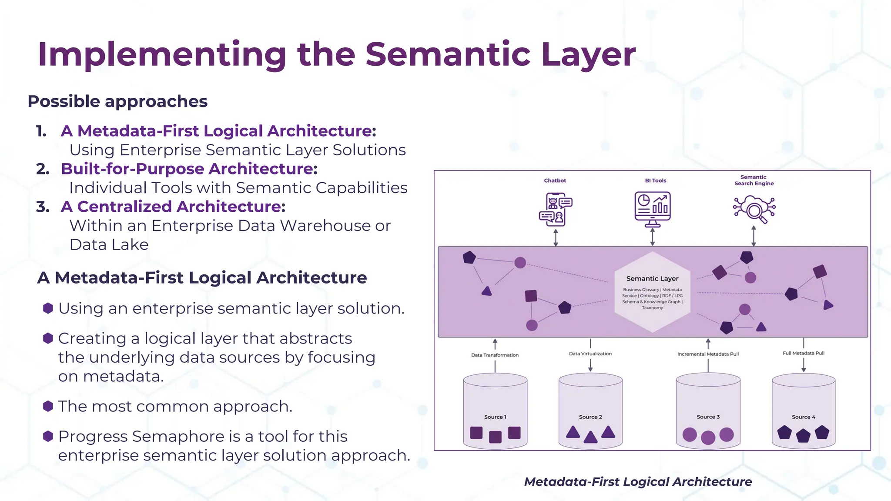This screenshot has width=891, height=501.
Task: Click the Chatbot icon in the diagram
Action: point(555,210)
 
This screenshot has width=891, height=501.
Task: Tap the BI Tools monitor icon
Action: point(652,209)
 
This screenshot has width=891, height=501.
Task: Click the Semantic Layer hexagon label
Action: point(652,279)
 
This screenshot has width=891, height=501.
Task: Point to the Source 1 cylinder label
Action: point(495,417)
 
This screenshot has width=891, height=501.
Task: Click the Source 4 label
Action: point(803,417)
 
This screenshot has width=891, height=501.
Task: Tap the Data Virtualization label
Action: point(590,354)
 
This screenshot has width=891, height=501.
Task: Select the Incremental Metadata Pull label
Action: point(708,354)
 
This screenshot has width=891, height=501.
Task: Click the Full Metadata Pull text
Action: point(803,353)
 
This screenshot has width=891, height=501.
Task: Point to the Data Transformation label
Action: point(495,355)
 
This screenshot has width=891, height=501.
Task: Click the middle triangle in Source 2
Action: point(590,437)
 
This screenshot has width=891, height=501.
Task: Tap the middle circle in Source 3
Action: point(708,437)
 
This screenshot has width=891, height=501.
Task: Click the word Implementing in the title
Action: point(161,55)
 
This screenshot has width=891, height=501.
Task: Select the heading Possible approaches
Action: point(117,101)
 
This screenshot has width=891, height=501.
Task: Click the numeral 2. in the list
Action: point(43,169)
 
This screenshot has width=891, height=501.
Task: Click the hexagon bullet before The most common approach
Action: point(48,406)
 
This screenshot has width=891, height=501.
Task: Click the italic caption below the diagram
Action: point(638,482)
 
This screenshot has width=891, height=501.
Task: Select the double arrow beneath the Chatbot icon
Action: point(556,237)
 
